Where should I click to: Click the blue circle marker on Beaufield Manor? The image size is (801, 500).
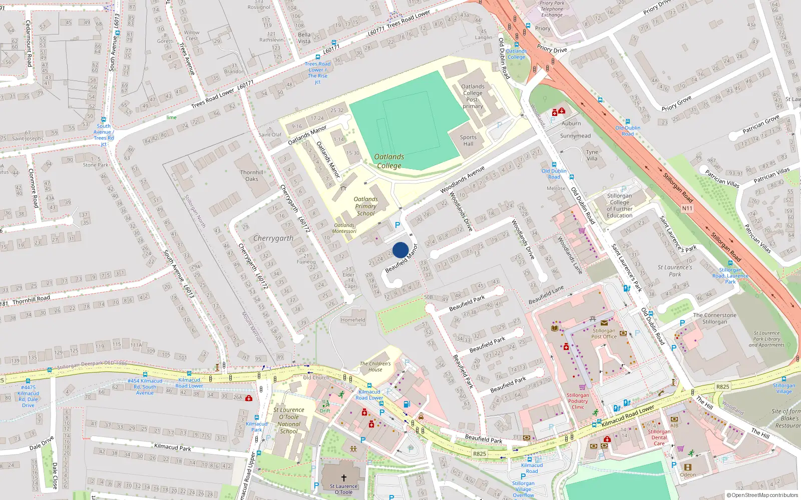400,250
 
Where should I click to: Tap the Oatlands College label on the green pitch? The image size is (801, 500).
389,161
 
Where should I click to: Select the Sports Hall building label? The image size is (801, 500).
468,140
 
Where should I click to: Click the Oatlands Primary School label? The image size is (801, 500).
365,206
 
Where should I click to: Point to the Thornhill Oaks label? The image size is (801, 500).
252,175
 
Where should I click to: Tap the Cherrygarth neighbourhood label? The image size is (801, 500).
273,238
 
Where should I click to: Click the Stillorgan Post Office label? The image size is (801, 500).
604,333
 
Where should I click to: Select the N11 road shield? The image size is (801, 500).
687,208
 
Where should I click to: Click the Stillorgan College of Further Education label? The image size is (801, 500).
619,205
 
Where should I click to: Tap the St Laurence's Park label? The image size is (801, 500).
674,270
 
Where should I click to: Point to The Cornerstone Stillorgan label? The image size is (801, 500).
714,318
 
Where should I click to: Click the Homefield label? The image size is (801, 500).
353,320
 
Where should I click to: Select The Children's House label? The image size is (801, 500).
375,366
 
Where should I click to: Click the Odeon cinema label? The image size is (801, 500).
687,474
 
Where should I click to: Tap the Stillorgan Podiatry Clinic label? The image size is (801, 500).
578,401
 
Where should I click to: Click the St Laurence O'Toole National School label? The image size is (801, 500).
289,420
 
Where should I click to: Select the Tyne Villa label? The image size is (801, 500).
592,155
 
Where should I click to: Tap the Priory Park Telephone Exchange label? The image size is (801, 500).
552,9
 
